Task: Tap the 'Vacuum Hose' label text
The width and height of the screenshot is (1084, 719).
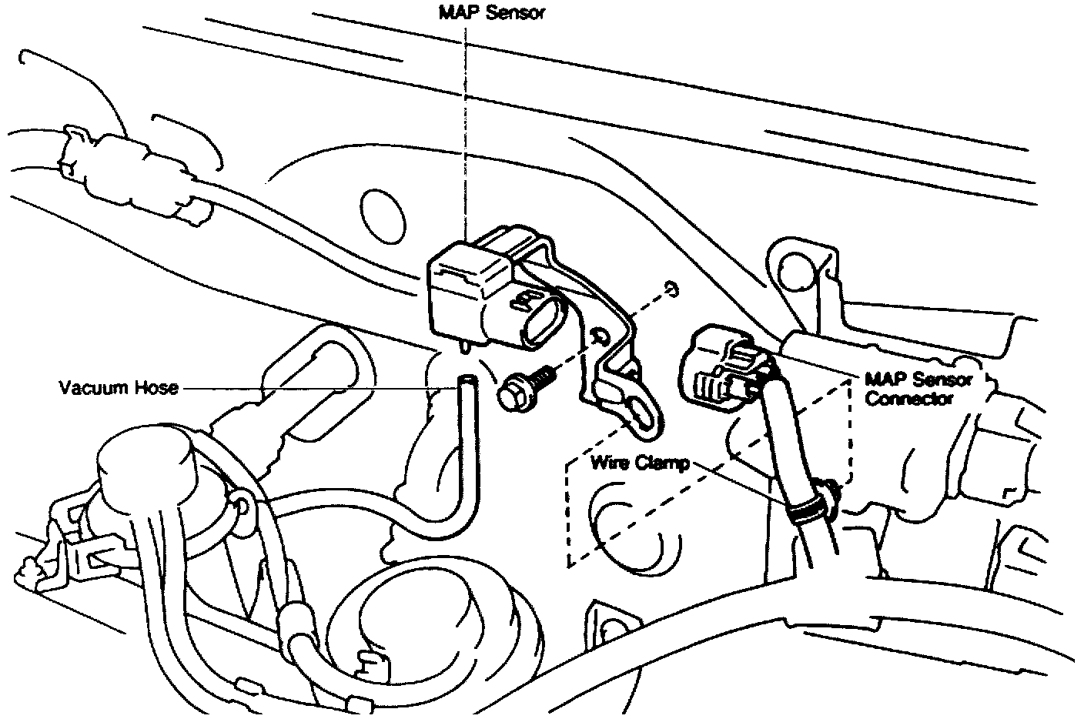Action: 119,387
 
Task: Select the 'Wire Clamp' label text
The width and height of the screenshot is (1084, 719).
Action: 640,463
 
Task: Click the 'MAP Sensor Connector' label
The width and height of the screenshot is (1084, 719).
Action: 918,389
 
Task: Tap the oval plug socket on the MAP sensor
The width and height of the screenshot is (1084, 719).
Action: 538,319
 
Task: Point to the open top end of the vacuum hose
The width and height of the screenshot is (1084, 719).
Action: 467,380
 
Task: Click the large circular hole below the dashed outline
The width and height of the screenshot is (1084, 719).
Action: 627,531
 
